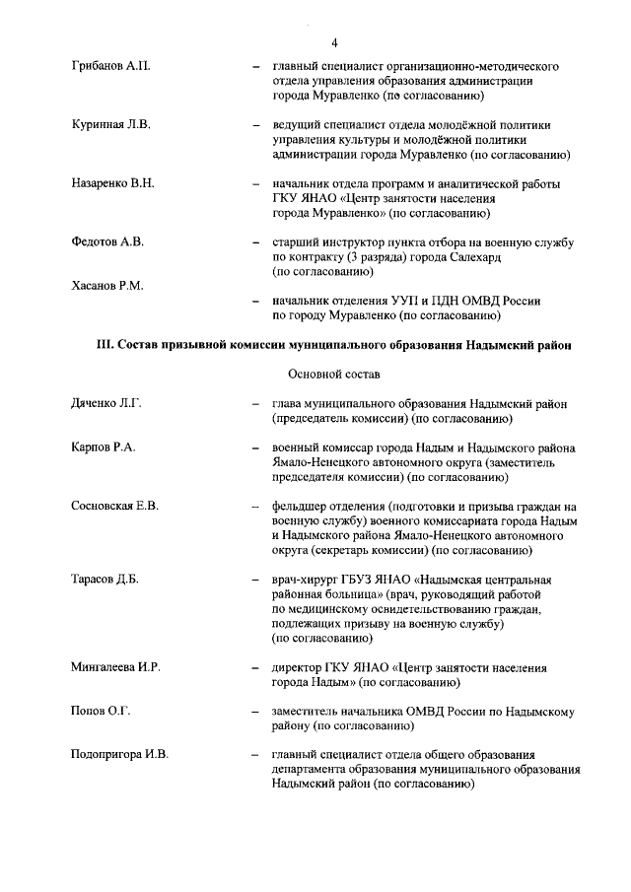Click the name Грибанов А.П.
click(110, 65)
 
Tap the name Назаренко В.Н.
click(113, 184)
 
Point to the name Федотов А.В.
click(108, 242)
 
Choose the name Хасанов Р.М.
click(108, 286)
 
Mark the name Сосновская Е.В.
click(115, 507)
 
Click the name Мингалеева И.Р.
click(116, 667)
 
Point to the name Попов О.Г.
click(102, 711)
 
